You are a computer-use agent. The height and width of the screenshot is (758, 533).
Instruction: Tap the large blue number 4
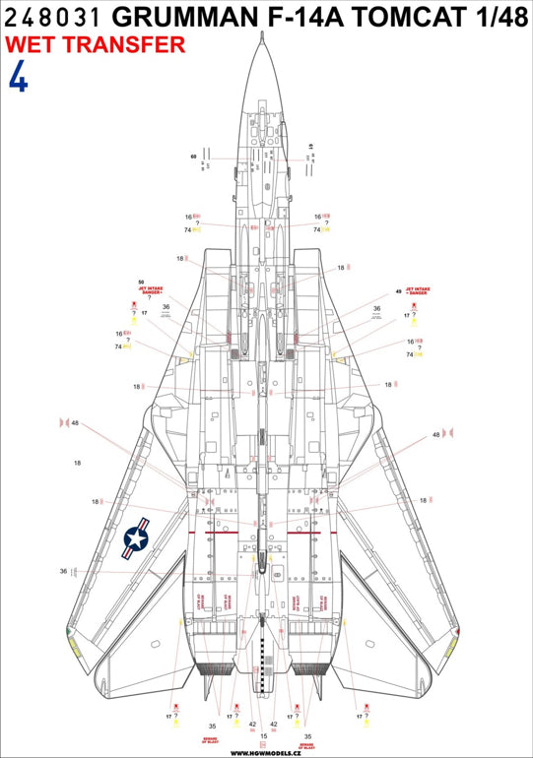18,79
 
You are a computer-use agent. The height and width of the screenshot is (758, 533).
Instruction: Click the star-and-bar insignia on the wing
135,539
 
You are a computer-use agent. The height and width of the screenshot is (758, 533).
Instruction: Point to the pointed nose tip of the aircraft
267,44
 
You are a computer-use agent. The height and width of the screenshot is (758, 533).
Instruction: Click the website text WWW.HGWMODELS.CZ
265,751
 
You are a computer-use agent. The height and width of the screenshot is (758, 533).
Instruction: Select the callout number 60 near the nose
194,157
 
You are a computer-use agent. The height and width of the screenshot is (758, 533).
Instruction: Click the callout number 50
141,283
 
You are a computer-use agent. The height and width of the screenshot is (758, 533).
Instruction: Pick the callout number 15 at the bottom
264,735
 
